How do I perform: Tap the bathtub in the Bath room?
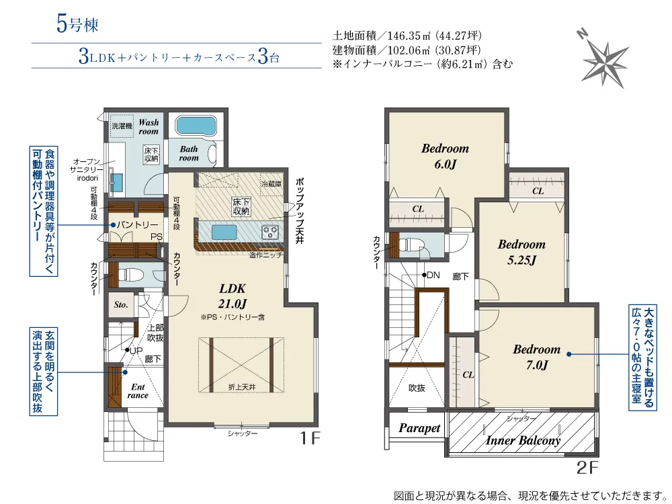pos(194,126)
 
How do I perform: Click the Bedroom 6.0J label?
pos(445,155)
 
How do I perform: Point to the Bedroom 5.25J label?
pos(521,251)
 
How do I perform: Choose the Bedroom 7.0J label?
pos(536,356)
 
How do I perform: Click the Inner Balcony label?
pos(523,440)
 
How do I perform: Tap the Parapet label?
pos(419,428)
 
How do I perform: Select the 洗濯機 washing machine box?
pos(122,126)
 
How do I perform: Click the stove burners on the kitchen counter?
pos(271,233)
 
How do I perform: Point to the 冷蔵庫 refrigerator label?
pos(271,183)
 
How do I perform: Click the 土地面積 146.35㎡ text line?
pos(407,36)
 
